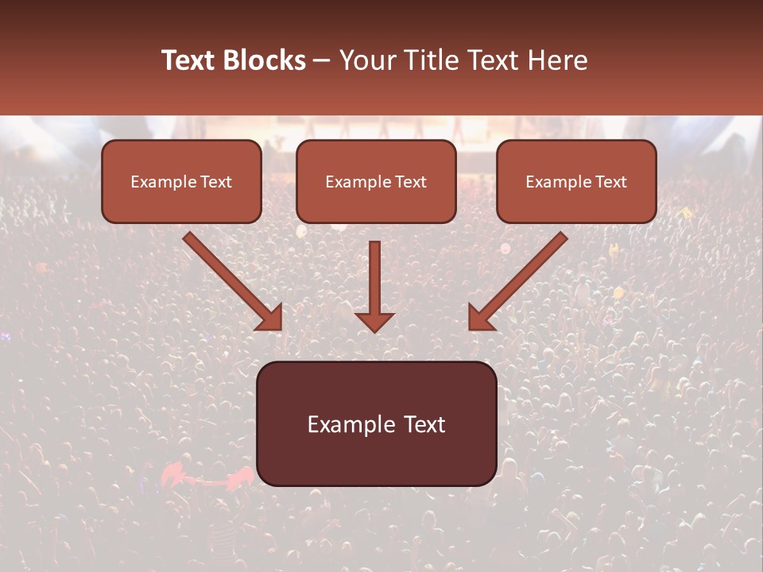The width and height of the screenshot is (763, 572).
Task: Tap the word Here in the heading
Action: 560,60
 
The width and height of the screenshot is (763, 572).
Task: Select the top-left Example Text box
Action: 181,181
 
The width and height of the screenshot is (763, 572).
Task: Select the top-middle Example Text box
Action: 376,181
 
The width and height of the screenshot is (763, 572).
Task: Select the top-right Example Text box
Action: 576,181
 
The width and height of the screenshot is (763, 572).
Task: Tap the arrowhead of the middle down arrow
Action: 374,321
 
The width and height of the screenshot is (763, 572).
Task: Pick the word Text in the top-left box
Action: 215,182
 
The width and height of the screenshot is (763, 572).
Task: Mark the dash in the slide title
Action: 323,62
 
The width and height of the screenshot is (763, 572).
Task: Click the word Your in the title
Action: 366,60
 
